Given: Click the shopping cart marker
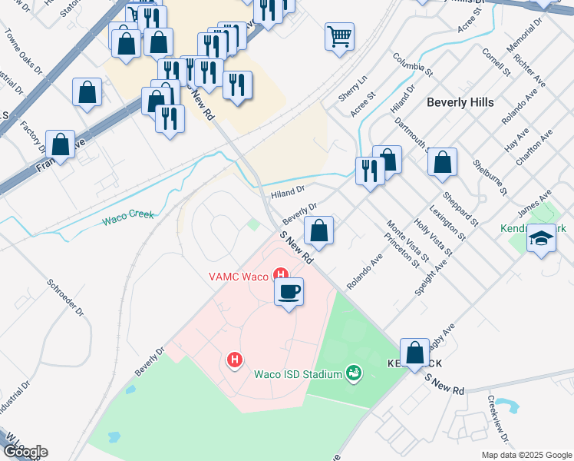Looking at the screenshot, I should pos(339,36).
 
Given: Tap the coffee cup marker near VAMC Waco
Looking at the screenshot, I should pos(289,292).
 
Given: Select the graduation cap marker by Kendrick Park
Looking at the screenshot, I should pos(541,239).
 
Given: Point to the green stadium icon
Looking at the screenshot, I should pos(354,373).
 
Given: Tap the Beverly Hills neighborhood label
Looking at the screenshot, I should pos(460,101).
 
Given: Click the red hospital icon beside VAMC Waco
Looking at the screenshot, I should pos(281,274).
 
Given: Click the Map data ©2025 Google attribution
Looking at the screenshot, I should pos(526,455).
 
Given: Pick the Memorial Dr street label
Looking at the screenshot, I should pos(524,35).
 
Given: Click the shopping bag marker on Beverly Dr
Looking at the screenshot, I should pos(318,230).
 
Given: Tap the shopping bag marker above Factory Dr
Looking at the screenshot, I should pos(60,144).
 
